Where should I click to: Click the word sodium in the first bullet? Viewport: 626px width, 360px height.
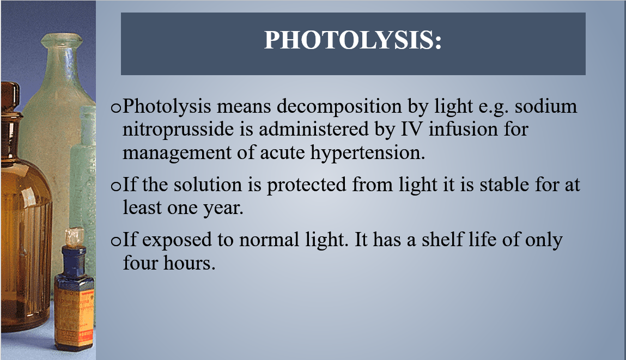coord(546,106)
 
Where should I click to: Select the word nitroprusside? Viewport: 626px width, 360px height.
coord(178,130)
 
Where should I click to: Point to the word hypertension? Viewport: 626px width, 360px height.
coord(368,153)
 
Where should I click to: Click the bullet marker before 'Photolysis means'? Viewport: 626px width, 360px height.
coord(116,108)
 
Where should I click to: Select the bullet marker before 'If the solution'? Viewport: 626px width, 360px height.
coord(116,186)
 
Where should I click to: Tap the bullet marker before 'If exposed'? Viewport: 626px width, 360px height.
coord(116,241)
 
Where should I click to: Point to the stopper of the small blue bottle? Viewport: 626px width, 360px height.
coord(74,236)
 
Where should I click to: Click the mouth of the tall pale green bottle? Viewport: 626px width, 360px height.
coord(62,40)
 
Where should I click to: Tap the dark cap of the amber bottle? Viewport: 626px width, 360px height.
coord(10,96)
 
